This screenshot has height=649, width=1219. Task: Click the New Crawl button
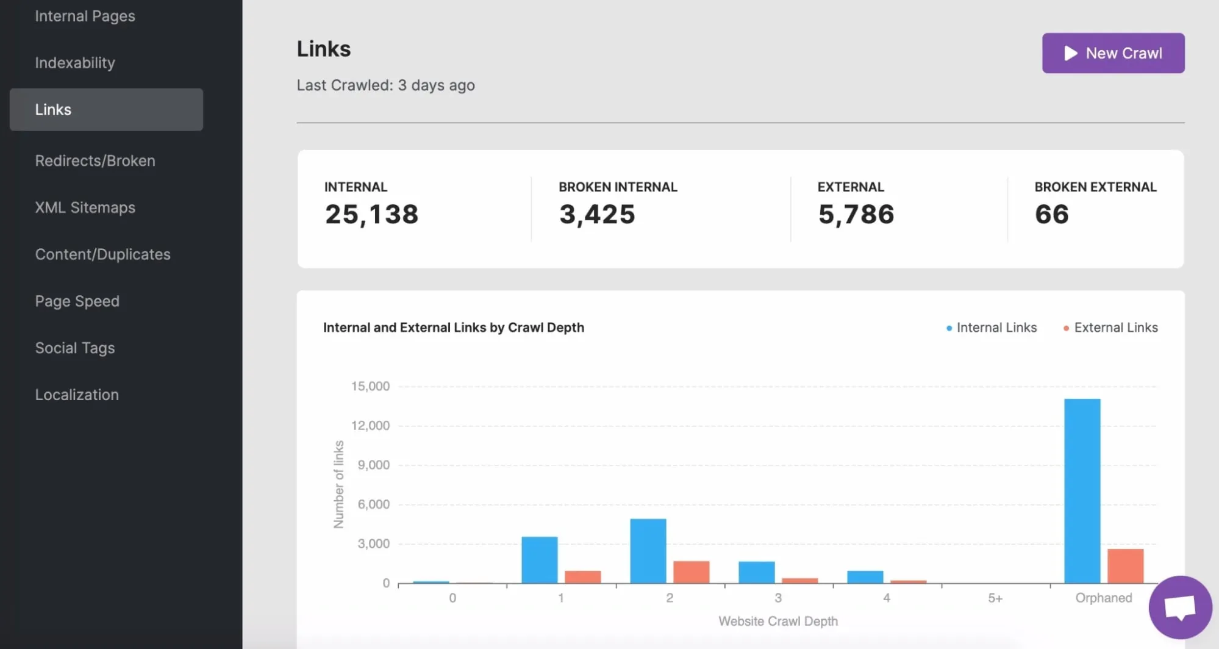pos(1113,53)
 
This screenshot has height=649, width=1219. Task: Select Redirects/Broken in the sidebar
pos(95,160)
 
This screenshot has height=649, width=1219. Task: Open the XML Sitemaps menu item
pos(85,207)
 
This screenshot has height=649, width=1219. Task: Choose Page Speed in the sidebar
pos(77,301)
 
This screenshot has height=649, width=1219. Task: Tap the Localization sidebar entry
pos(77,395)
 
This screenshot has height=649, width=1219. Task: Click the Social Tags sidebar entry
pos(75,348)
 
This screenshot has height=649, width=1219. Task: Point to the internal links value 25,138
pos(371,214)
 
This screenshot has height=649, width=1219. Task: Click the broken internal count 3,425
pos(597,214)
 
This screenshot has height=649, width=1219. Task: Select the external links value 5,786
pos(856,214)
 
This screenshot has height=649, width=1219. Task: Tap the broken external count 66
pos(1051,214)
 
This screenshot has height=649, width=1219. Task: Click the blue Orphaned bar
pos(1082,491)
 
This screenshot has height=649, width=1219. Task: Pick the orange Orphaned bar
pos(1125,566)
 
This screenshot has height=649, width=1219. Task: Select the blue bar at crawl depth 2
pos(648,551)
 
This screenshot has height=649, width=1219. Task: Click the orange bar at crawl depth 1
pos(582,577)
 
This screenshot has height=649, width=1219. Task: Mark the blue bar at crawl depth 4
pos(865,577)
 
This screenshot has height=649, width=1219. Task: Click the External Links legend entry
pos(1115,328)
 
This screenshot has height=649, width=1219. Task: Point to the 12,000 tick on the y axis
pos(370,426)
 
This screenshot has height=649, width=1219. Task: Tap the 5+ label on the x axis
pos(995,598)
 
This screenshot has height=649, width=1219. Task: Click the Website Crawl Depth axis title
pos(778,621)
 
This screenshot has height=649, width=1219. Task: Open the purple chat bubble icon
pos(1180,608)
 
